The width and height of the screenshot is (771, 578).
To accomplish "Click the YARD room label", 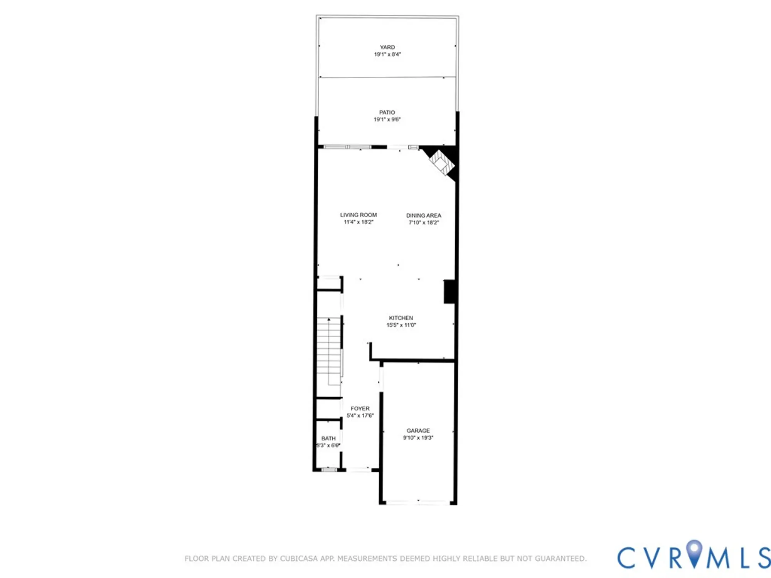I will (387, 47).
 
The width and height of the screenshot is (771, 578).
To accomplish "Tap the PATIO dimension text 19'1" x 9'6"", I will (387, 119).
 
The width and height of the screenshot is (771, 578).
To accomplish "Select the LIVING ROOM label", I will (358, 215).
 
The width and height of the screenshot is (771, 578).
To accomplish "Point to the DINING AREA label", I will (423, 215).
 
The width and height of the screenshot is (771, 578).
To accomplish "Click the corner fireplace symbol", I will (442, 163).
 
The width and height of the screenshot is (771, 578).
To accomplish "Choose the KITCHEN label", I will (401, 318).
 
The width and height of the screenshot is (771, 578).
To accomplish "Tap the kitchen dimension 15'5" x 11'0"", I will (401, 325).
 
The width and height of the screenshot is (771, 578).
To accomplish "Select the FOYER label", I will (360, 408).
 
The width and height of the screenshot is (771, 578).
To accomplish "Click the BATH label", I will (328, 439).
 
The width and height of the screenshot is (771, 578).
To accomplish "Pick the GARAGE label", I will (418, 431).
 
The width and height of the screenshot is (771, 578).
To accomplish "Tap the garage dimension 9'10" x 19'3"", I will (418, 438).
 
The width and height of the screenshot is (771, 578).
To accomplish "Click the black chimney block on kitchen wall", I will (449, 292).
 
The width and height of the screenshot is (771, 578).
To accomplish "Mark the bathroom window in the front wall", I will (329, 470).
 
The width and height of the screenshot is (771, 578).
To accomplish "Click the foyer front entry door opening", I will (359, 470).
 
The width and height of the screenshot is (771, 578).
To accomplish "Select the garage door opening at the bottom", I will (418, 502).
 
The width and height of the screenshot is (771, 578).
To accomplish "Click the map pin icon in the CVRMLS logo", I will (694, 552).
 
